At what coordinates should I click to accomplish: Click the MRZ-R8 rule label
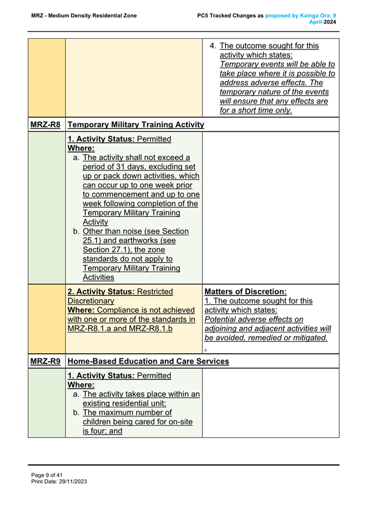(x=46, y=124)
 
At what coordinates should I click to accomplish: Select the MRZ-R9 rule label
(x=46, y=362)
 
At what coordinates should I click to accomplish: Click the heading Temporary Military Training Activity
(x=135, y=124)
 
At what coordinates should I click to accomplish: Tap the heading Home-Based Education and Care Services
(x=148, y=362)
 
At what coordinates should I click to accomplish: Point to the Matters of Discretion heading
(x=245, y=291)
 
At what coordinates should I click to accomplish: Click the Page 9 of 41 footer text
(x=47, y=475)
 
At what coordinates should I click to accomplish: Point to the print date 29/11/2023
(x=72, y=481)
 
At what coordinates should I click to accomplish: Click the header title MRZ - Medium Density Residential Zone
(x=84, y=16)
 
